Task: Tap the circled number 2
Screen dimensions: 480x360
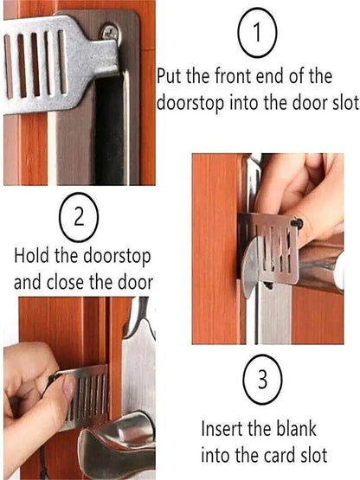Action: (78, 216)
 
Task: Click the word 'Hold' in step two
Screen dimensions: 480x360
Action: (34, 257)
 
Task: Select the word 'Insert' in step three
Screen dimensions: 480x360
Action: (226, 428)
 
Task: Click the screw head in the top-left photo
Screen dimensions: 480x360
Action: (110, 33)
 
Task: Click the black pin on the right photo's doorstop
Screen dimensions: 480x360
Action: (296, 222)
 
